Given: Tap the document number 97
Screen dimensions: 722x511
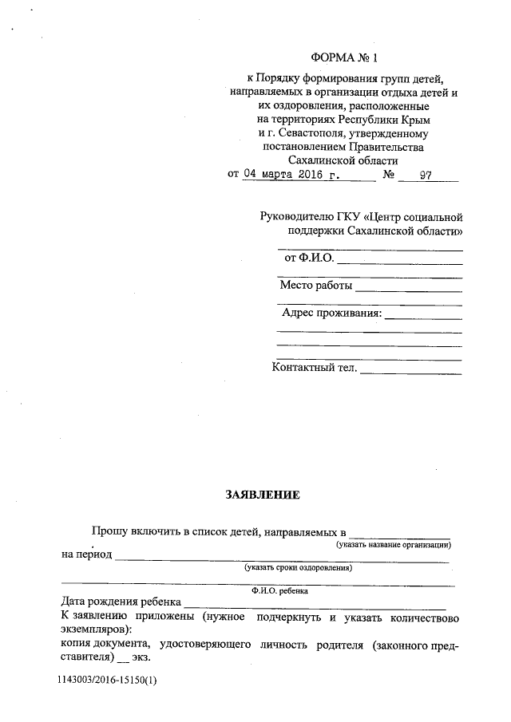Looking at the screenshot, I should (x=425, y=176).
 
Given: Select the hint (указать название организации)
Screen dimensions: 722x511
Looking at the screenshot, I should (x=394, y=545).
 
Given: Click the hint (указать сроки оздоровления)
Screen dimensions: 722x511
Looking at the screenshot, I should (x=299, y=568).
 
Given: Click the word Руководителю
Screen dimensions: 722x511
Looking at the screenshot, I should (x=296, y=217).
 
